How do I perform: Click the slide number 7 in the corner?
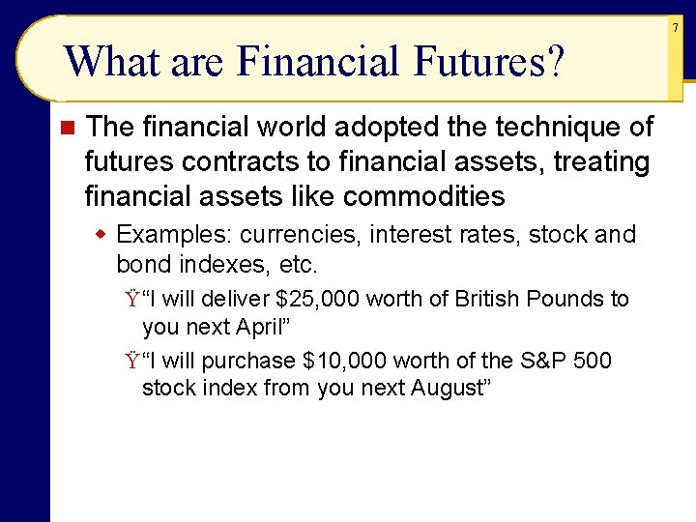[676, 28]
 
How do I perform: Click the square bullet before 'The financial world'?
[66, 128]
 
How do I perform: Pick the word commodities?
[423, 196]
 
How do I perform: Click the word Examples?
[174, 235]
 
